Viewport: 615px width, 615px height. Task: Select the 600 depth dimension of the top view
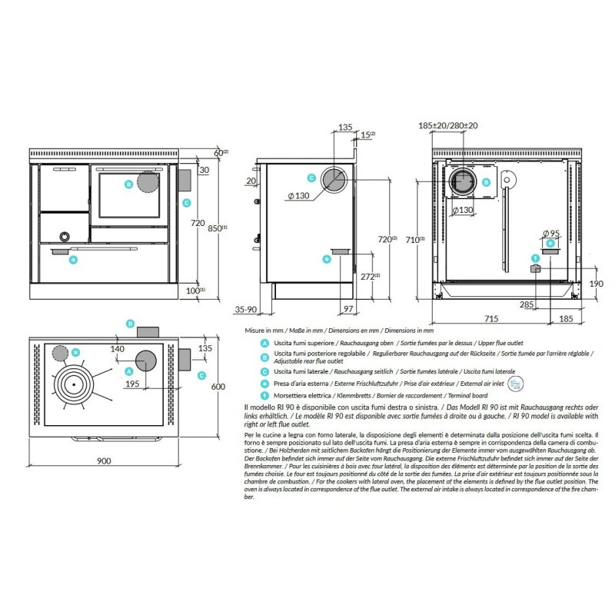(218, 387)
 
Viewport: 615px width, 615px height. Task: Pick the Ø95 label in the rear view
(550, 232)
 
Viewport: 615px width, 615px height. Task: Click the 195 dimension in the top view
(131, 384)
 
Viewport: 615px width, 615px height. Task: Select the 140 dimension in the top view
(117, 349)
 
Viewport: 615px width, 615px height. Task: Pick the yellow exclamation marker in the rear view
(536, 258)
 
